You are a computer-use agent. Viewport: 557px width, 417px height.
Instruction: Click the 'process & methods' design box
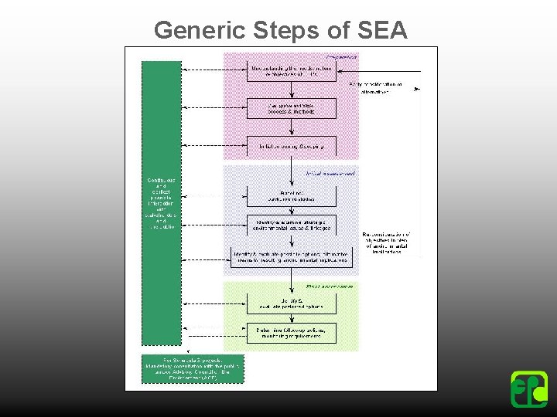(x=292, y=108)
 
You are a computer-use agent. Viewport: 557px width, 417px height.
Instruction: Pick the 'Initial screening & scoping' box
(x=292, y=145)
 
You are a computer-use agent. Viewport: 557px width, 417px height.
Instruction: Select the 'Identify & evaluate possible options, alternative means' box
(x=292, y=256)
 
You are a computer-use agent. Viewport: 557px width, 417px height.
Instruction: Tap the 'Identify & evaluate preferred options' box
(x=292, y=303)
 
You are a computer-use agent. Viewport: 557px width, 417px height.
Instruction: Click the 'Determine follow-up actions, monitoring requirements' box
(x=292, y=333)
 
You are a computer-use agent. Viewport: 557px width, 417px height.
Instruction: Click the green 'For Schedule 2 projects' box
(x=193, y=368)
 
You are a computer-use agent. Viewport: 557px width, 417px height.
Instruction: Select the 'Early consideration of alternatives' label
(x=377, y=86)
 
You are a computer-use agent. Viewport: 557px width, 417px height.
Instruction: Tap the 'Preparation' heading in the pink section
(x=340, y=57)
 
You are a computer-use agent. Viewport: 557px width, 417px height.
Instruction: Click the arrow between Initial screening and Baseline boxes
(x=292, y=170)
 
